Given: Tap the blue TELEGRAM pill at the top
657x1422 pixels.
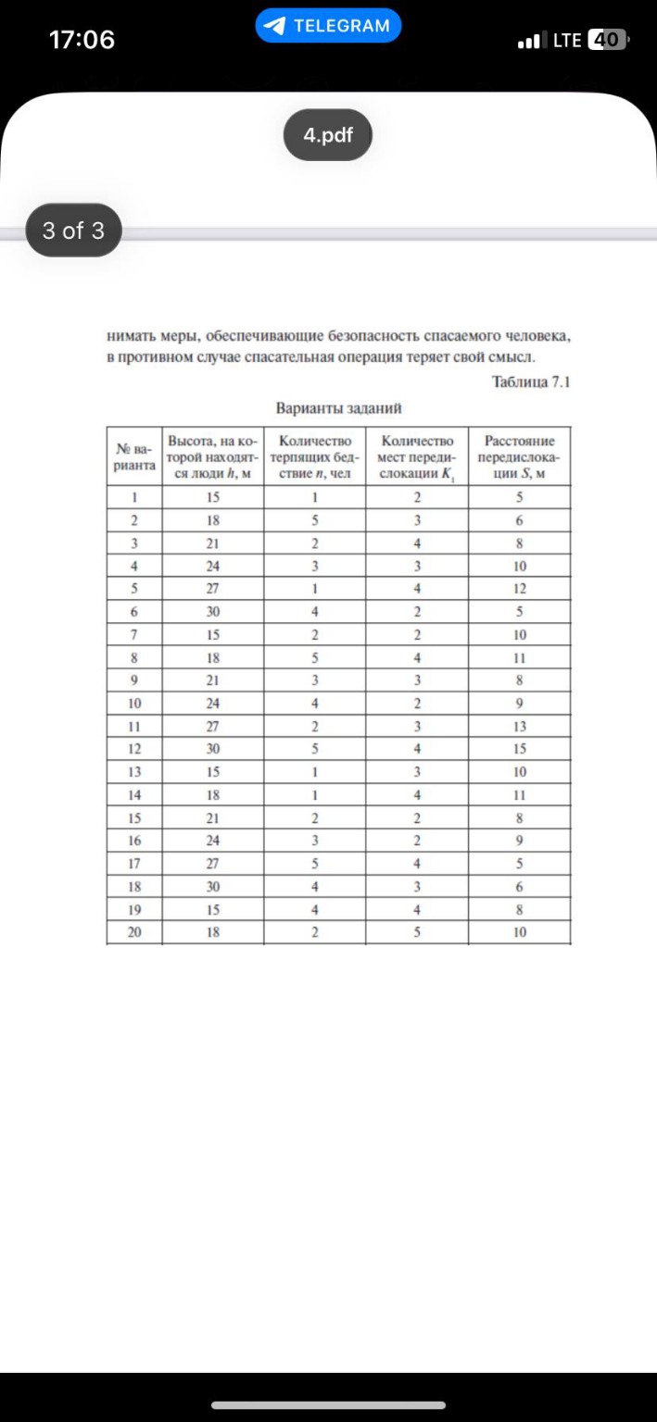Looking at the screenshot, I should coord(328,26).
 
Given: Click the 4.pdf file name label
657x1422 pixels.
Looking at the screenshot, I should coord(328,135).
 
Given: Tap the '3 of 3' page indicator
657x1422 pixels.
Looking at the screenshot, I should coord(73,230).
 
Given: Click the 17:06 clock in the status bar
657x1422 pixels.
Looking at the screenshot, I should coord(82,40).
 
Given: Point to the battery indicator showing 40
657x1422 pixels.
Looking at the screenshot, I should coord(608,40).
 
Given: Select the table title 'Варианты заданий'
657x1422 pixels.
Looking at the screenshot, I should coord(337,408).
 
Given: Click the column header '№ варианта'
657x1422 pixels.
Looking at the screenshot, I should coord(134,455).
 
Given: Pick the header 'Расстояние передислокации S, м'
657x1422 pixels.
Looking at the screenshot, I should coord(519,455).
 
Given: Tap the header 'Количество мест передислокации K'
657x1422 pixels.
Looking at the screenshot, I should coord(417,455).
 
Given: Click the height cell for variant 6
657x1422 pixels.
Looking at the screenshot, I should coord(213,611).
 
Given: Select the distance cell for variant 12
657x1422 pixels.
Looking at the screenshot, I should coord(520,749).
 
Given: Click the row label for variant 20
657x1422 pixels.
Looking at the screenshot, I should coord(134,932).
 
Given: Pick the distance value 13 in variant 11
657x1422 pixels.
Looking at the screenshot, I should coord(520,726).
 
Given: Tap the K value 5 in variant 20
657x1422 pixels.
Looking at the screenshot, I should coord(417,932).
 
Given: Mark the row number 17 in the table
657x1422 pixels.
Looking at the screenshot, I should coord(134,863).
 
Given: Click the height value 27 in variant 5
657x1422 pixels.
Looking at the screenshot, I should coord(213,588).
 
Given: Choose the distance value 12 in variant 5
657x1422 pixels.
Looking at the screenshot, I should coord(520,588).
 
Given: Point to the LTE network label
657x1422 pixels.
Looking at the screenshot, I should coord(567,40).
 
